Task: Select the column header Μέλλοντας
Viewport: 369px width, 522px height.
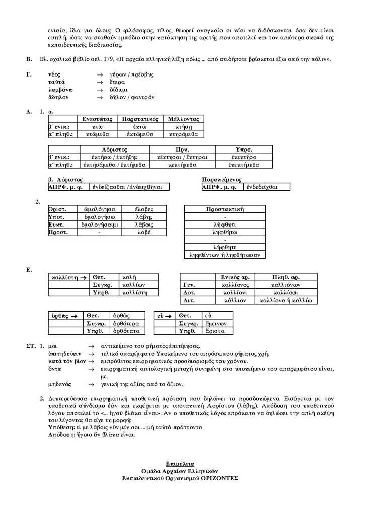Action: pyautogui.click(x=184, y=119)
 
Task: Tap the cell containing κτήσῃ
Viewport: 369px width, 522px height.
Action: pyautogui.click(x=184, y=126)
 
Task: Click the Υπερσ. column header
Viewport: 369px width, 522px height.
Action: pyautogui.click(x=244, y=149)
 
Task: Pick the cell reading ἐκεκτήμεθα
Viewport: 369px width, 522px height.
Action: pyautogui.click(x=244, y=164)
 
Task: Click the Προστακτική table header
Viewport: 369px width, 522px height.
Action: pyautogui.click(x=225, y=209)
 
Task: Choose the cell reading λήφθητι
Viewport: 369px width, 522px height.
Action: pyautogui.click(x=225, y=224)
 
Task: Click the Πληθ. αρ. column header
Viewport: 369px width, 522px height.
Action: pyautogui.click(x=286, y=277)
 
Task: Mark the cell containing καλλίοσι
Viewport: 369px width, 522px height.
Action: pyautogui.click(x=286, y=292)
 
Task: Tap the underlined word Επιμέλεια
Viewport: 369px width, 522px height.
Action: pyautogui.click(x=180, y=463)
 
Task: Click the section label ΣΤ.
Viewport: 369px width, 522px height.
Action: pyautogui.click(x=30, y=346)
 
